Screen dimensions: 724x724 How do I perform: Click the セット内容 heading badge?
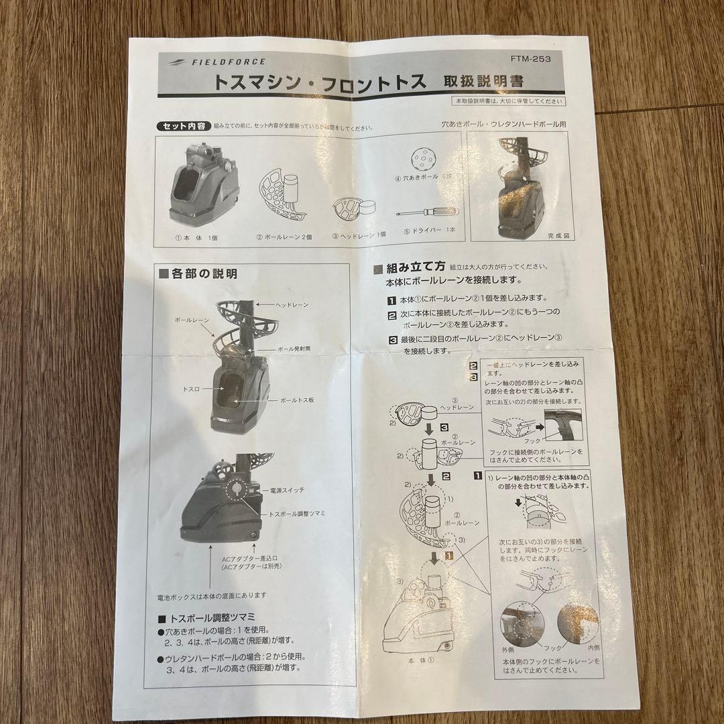pyautogui.click(x=183, y=126)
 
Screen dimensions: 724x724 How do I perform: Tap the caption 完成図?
pyautogui.click(x=558, y=236)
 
